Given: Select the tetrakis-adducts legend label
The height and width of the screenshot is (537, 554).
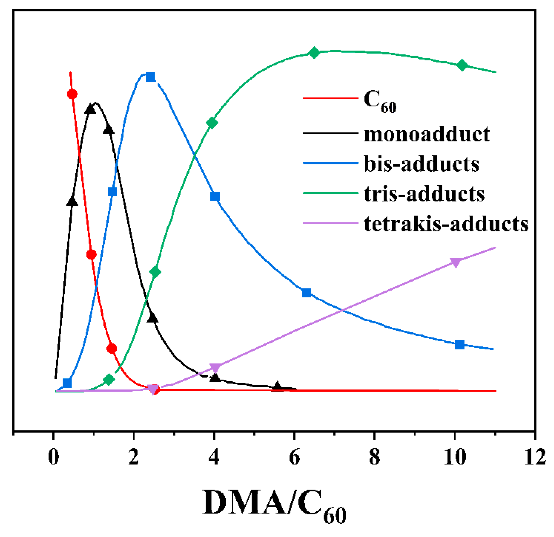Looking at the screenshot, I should coord(446,224).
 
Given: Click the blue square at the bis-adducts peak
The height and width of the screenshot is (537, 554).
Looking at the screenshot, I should coord(150,77).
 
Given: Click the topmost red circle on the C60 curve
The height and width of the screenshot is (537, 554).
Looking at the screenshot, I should coord(72,94).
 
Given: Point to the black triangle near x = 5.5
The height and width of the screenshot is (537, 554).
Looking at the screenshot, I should coord(277,386).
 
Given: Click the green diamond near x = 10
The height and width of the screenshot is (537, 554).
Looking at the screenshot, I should coord(462,65).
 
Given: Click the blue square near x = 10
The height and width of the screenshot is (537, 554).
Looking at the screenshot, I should coord(460,345).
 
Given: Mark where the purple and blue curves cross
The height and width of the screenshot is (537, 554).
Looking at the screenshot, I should coord(342,310).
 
